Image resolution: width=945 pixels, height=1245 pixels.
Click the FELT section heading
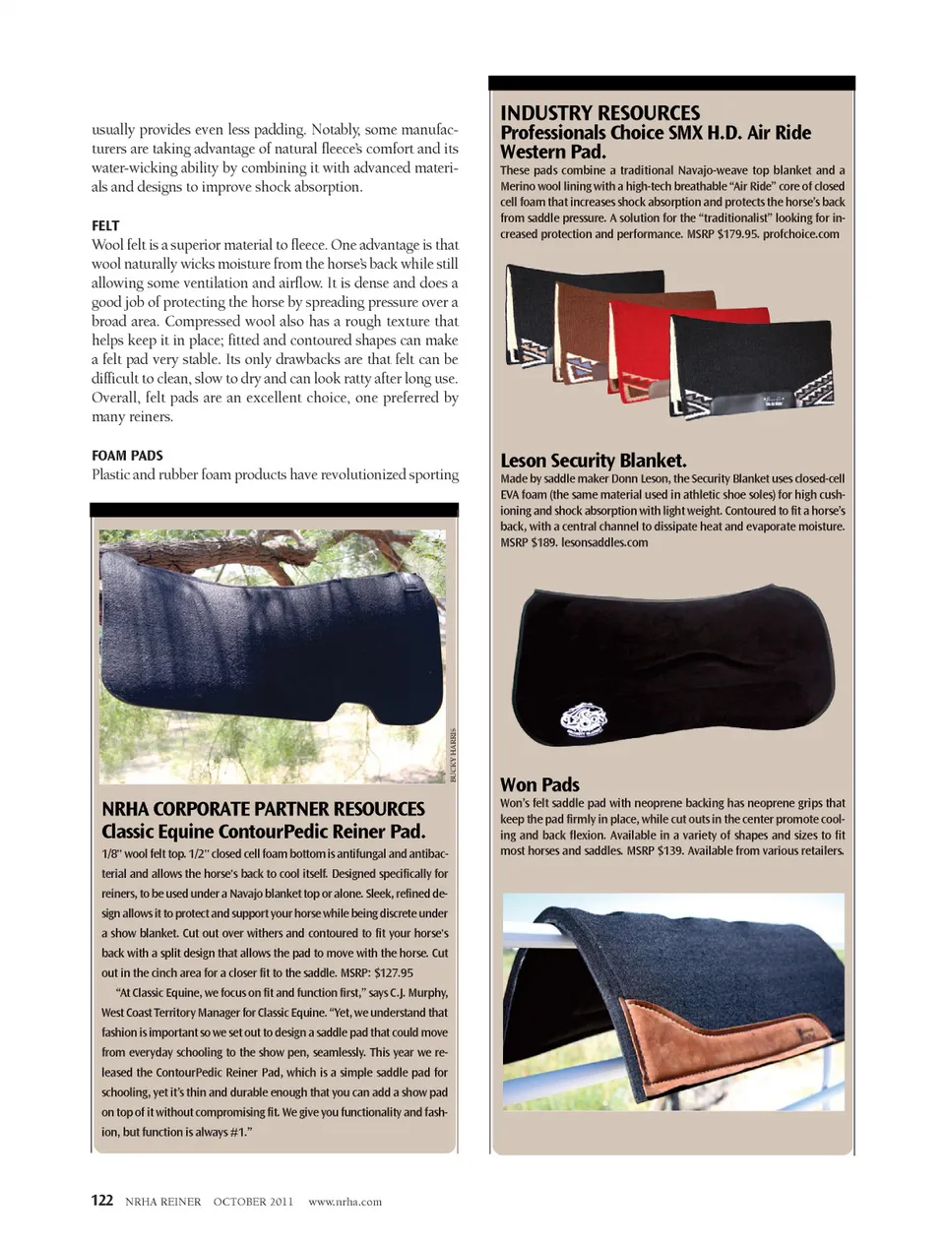[x=105, y=225]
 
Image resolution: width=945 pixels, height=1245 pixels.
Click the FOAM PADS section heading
[x=127, y=456]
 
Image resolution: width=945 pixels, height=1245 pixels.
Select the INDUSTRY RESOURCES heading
[x=599, y=113]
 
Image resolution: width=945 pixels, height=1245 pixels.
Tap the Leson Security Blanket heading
[x=593, y=461]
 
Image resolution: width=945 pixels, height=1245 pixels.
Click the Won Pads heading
[x=539, y=784]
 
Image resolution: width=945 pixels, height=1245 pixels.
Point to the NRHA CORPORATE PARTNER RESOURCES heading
[x=263, y=809]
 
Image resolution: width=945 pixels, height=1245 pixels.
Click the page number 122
[x=102, y=1201]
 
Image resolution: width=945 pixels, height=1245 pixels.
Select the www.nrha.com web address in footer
[x=345, y=1202]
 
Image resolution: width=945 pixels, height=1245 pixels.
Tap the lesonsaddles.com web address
[x=604, y=542]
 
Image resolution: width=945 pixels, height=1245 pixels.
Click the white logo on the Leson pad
[x=584, y=720]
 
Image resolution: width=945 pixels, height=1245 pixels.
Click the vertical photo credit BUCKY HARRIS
[x=453, y=755]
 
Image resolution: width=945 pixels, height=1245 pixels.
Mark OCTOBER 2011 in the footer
[x=253, y=1202]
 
